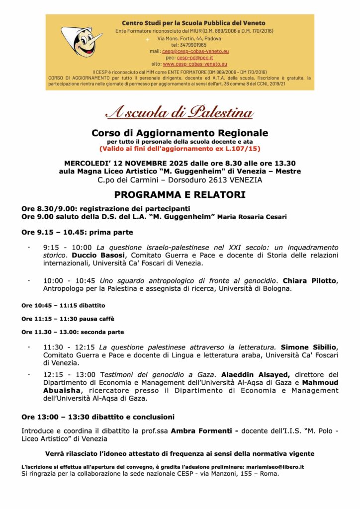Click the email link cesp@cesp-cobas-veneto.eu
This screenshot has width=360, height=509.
(x=195, y=51)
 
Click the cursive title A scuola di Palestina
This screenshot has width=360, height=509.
(x=180, y=112)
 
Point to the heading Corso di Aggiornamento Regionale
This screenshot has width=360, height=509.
(x=180, y=133)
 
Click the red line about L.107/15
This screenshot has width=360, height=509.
(x=180, y=148)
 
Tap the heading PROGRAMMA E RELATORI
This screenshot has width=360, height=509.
(x=180, y=195)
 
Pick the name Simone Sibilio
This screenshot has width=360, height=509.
(x=309, y=347)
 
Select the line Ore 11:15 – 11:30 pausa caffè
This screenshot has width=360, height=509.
(x=63, y=319)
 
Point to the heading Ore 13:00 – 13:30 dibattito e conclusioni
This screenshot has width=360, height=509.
(x=97, y=416)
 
